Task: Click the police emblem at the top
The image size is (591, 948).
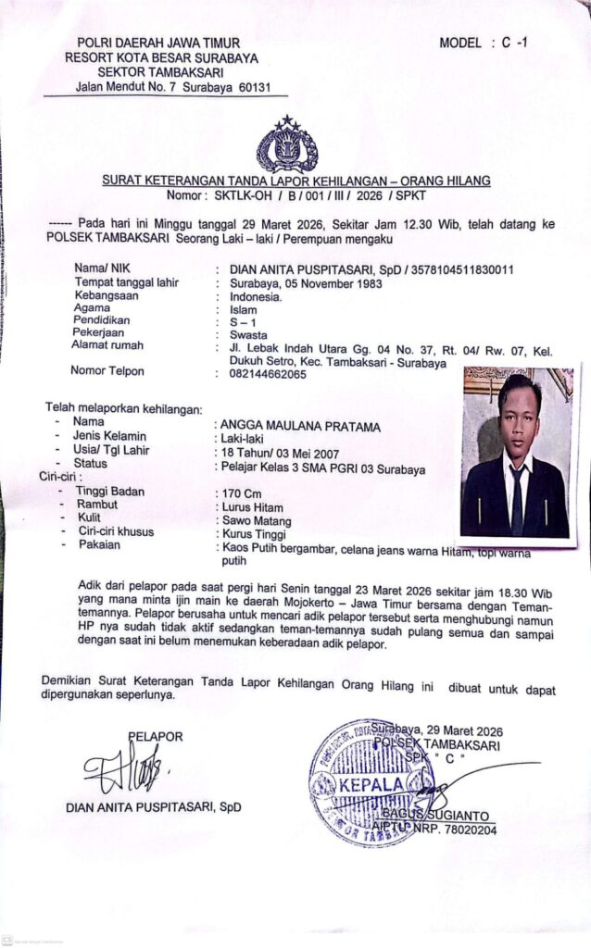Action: pos(286,146)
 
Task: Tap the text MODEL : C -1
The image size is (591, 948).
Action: pos(484,43)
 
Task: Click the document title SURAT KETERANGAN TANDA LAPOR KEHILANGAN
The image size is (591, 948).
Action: pos(295,181)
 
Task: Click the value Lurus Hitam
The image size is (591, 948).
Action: pos(250,507)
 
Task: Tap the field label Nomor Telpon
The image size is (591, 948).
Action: pos(109,371)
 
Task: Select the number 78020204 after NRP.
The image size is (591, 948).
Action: pos(473,830)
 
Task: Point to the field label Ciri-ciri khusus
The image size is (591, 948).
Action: pos(115,531)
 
